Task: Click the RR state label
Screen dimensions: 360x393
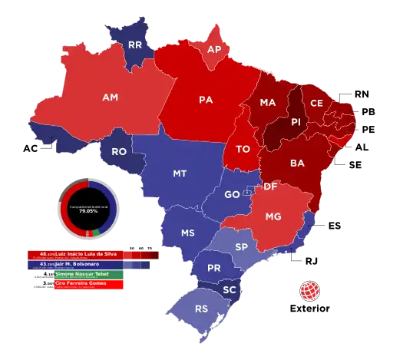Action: [x=135, y=45]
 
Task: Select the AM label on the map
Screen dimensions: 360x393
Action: [x=110, y=97]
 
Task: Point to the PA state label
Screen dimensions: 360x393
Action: [x=205, y=100]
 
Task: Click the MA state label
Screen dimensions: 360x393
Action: [x=268, y=102]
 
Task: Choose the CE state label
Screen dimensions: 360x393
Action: [x=316, y=102]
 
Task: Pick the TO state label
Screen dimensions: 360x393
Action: [x=243, y=148]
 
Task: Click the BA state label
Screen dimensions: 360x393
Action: [x=296, y=163]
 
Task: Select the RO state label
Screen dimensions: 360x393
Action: [x=119, y=152]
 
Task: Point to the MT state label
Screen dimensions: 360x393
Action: [x=180, y=173]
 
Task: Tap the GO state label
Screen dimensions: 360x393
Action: [x=232, y=195]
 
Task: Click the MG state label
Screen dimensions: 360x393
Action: [x=274, y=217]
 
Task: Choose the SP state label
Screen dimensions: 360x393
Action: [x=241, y=247]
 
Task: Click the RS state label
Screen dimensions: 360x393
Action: [x=202, y=309]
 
